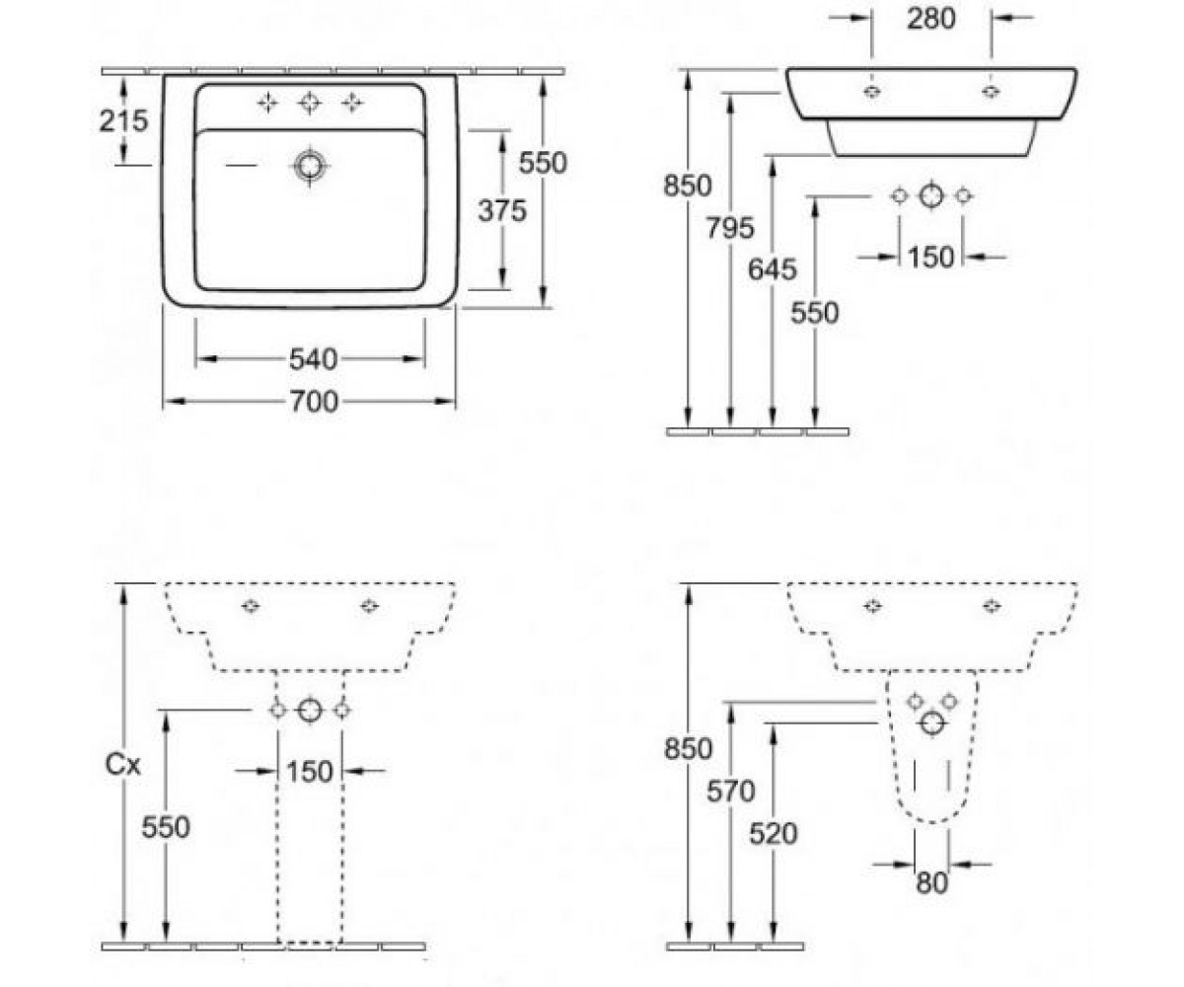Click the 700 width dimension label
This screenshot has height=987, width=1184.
[x=314, y=402]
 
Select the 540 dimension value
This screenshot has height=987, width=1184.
[x=313, y=359]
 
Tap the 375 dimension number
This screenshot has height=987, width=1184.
[x=502, y=210]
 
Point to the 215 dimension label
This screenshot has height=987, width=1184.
[x=123, y=120]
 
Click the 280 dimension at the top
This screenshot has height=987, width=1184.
[x=931, y=18]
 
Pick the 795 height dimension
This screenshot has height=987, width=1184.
[x=730, y=228]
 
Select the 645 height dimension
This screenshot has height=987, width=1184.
[x=773, y=268]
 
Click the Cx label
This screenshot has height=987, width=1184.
[x=123, y=765]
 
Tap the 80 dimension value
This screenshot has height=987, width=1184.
[x=931, y=882]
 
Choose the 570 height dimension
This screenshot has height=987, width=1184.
[x=730, y=792]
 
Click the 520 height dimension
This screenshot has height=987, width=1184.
[x=773, y=833]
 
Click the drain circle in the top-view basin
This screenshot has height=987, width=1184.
[x=310, y=166]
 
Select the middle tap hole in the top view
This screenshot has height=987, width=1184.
[x=310, y=103]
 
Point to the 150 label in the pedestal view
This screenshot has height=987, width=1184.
[x=310, y=772]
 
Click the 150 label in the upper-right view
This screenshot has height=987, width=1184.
[x=931, y=257]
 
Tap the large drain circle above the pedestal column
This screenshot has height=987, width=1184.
[x=310, y=710]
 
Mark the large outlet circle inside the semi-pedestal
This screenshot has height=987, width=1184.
[x=932, y=723]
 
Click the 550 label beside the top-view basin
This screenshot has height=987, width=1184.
[x=543, y=163]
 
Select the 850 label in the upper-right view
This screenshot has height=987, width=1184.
[x=688, y=186]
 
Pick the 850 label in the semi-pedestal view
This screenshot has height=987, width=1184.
[x=688, y=749]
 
